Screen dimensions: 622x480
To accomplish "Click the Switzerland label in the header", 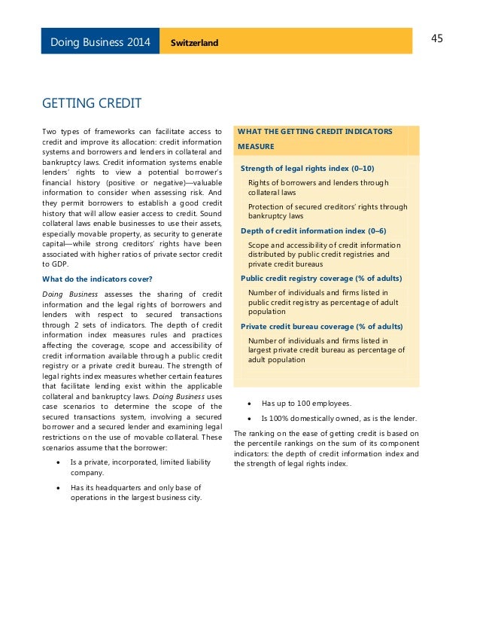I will (193, 42).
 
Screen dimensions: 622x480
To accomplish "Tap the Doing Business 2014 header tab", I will (100, 41).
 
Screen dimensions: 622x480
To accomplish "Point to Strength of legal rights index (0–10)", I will (307, 168).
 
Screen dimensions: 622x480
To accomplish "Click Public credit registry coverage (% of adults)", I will (321, 278).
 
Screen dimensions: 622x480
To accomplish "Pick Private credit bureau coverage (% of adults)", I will (321, 326).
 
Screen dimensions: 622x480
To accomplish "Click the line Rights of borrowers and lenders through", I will (318, 182).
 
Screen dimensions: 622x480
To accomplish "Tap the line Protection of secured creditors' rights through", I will (327, 206).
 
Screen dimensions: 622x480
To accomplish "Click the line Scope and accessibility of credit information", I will (324, 245).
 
